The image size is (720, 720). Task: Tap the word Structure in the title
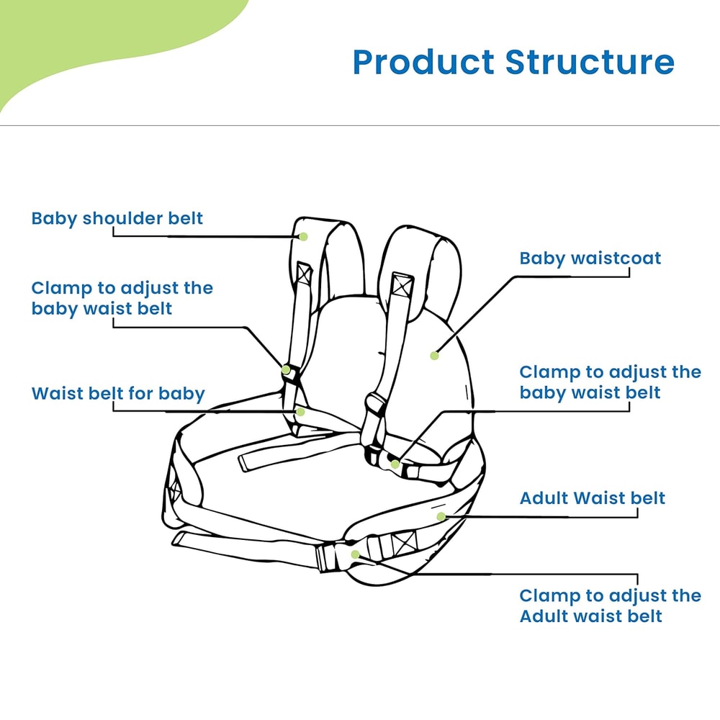point(590,63)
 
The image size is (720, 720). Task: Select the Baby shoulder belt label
point(117,218)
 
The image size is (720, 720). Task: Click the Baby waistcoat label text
point(590,258)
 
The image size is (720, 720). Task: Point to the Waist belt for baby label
point(118,394)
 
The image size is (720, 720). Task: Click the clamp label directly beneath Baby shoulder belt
point(122,298)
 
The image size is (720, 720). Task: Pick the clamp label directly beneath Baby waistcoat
point(610,382)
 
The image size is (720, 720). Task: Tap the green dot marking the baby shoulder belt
point(304,236)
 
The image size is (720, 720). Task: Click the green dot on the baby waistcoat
point(434,355)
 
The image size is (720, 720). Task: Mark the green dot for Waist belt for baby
point(302,412)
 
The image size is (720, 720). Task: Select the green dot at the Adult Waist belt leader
point(441,516)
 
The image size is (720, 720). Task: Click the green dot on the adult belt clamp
point(355,554)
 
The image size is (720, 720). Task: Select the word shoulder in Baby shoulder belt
point(125,218)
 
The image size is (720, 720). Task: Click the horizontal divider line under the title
point(360,126)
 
